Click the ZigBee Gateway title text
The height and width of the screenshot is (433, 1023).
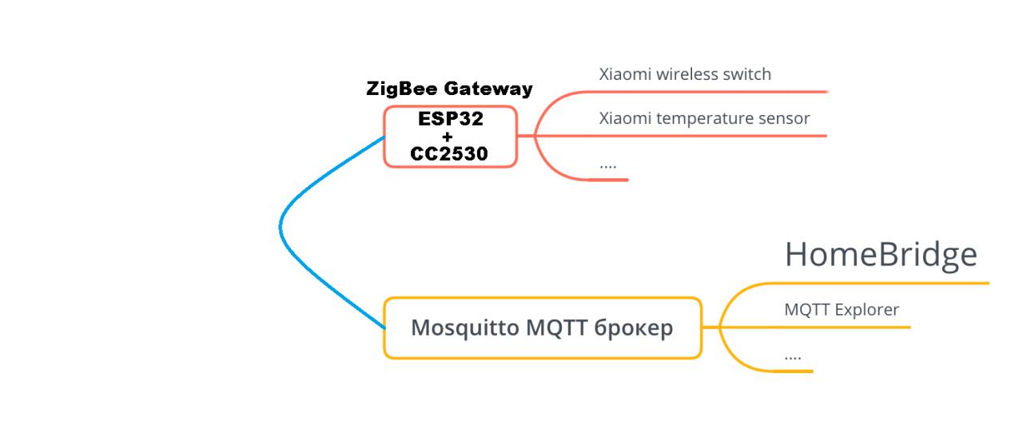449,89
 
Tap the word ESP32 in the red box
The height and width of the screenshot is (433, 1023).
450,119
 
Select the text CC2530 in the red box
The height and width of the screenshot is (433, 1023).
449,153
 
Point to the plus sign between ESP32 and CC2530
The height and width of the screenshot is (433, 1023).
448,137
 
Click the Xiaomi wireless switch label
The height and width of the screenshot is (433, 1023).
685,74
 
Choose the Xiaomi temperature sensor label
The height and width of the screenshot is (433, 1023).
704,118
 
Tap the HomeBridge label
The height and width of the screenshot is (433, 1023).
881,254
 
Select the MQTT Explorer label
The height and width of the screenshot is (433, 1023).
842,309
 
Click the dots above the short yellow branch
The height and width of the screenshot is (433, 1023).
793,356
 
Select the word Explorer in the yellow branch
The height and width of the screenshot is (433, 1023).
866,309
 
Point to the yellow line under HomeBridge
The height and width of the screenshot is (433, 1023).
879,283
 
